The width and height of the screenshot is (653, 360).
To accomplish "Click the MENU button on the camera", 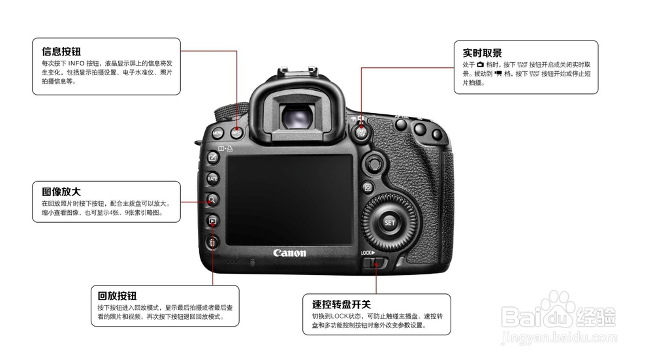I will [x=217, y=133].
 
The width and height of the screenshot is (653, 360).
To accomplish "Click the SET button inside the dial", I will [x=389, y=222].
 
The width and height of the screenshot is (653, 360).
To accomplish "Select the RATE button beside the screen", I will [x=212, y=178].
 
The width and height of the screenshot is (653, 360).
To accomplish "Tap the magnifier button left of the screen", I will [x=212, y=200].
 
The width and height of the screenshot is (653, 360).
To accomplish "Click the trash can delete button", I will [x=212, y=243].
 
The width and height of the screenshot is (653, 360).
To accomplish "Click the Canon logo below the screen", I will [x=289, y=253].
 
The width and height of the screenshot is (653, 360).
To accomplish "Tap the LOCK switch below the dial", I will [x=374, y=263].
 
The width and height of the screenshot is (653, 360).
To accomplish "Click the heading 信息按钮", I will [x=61, y=51].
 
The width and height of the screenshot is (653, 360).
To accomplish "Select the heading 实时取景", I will [x=482, y=53].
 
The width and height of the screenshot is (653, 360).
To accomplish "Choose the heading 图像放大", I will [x=61, y=192].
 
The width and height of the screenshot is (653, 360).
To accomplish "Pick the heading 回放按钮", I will [x=117, y=296].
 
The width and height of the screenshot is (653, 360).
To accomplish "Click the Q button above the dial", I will [x=368, y=188].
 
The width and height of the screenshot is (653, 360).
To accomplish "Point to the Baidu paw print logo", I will [x=557, y=306].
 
